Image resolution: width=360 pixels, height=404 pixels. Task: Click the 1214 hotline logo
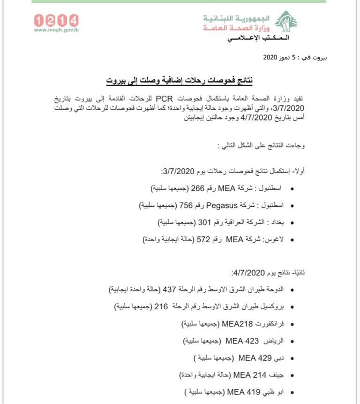tap(56, 20)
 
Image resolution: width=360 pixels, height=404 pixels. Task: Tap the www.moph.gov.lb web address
tap(56, 30)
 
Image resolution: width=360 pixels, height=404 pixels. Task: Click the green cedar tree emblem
tap(286, 21)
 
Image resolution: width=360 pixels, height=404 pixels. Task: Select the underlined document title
tap(179, 80)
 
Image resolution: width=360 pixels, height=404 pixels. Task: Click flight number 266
tap(197, 188)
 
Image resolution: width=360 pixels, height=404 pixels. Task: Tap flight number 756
tap(186, 205)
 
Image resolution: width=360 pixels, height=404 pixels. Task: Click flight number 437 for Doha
tap(169, 290)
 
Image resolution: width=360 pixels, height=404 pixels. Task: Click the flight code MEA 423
tap(242, 341)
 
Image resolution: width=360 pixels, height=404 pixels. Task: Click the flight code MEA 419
tap(241, 392)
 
